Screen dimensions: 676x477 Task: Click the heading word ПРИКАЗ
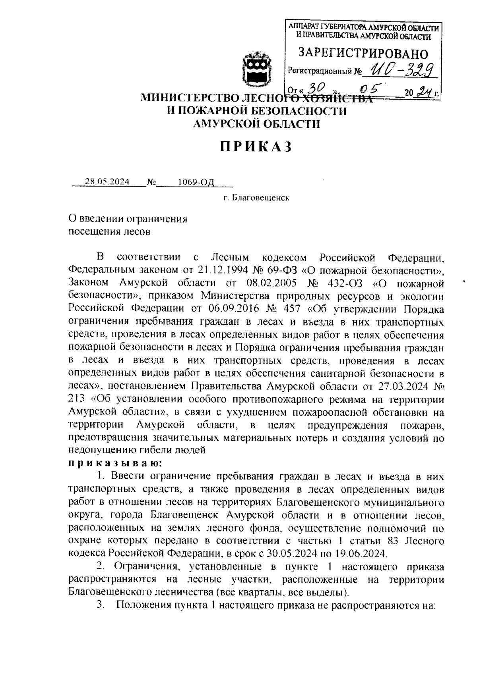[256, 146]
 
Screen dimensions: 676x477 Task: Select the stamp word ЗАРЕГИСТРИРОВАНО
[363, 53]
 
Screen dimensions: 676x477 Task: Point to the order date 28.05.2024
[107, 182]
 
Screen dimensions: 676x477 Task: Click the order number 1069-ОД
[196, 182]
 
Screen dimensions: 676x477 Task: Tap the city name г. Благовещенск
[256, 197]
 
